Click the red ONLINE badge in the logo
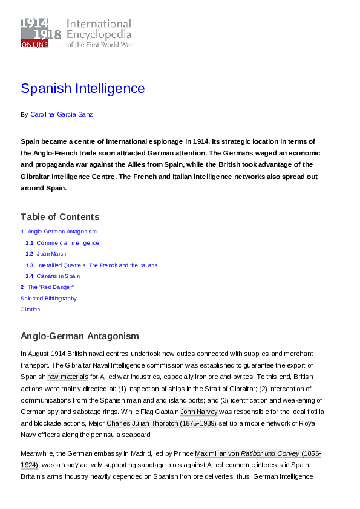pyautogui.click(x=34, y=44)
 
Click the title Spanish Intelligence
pyautogui.click(x=83, y=89)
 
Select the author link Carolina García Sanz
pyautogui.click(x=61, y=114)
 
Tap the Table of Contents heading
pyautogui.click(x=60, y=217)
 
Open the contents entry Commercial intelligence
pyautogui.click(x=67, y=243)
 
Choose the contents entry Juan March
pyautogui.click(x=51, y=254)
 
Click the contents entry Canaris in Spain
pyautogui.click(x=58, y=276)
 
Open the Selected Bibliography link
pyautogui.click(x=48, y=298)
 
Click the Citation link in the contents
pyautogui.click(x=30, y=310)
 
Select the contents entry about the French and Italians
pyautogui.click(x=97, y=265)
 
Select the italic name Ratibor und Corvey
pyautogui.click(x=270, y=453)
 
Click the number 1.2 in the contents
pyautogui.click(x=29, y=254)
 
